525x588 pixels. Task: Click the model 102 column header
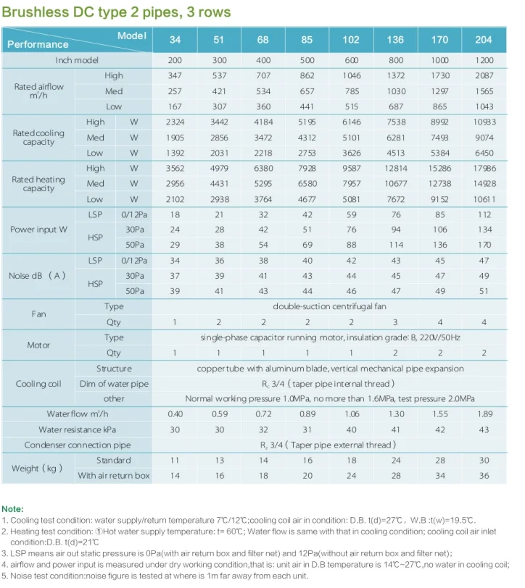click(x=351, y=40)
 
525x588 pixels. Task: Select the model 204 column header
click(x=484, y=40)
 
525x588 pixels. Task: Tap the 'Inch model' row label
click(x=77, y=60)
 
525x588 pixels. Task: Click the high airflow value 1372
click(x=395, y=76)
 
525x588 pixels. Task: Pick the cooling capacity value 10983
click(x=484, y=122)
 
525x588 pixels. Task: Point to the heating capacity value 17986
click(x=484, y=169)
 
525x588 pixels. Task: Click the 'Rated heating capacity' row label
click(x=38, y=184)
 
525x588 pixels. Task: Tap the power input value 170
click(x=484, y=245)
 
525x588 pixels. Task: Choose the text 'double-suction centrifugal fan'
click(x=328, y=307)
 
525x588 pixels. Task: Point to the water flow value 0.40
click(x=175, y=414)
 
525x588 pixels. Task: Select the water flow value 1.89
click(x=484, y=414)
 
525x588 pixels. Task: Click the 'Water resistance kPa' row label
click(x=77, y=429)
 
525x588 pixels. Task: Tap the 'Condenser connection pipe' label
click(x=78, y=445)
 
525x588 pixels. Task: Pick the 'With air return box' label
click(x=114, y=476)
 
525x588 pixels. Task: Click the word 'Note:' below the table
click(x=13, y=509)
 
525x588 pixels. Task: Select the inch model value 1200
click(x=484, y=60)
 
